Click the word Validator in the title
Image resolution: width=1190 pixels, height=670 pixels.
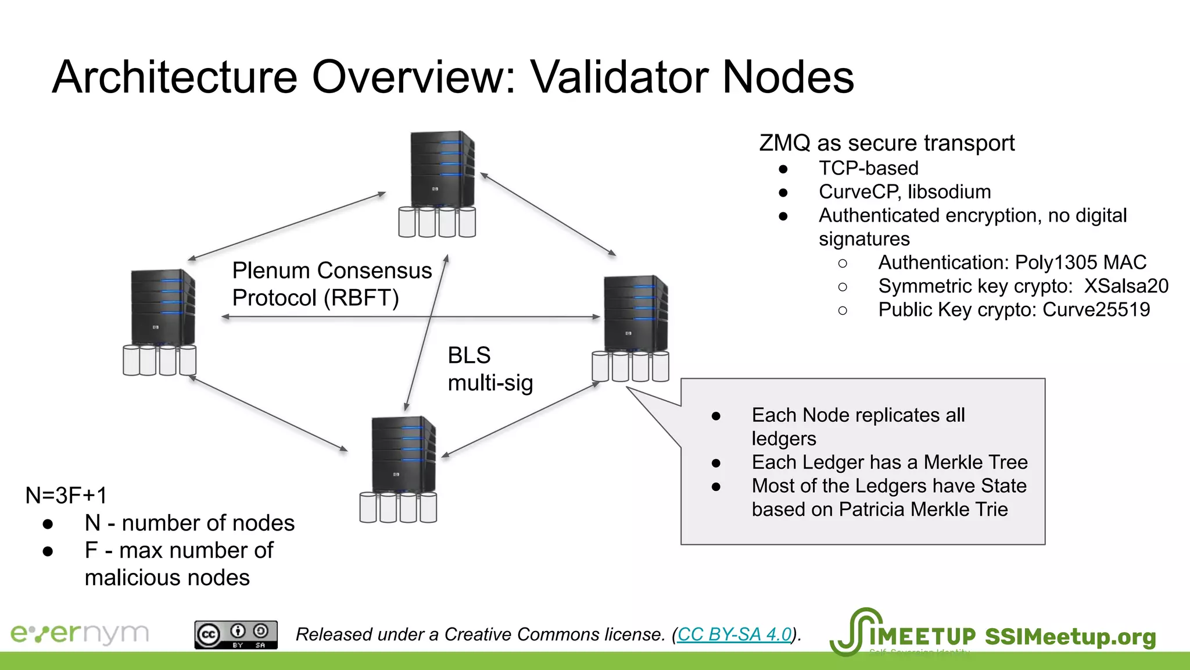pyautogui.click(x=618, y=77)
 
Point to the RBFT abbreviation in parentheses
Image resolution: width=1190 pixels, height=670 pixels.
pyautogui.click(x=361, y=298)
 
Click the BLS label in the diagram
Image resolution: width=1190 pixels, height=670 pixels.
pyautogui.click(x=469, y=355)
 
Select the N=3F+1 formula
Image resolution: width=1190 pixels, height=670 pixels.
pyautogui.click(x=66, y=496)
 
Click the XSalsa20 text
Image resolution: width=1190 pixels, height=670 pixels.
pyautogui.click(x=1126, y=286)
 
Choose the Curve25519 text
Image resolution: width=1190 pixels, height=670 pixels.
pyautogui.click(x=1096, y=309)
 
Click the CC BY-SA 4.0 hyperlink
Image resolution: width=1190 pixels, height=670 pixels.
pyautogui.click(x=734, y=634)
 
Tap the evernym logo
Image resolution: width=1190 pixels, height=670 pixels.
pyautogui.click(x=80, y=633)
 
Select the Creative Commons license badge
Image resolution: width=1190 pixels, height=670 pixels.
pyautogui.click(x=236, y=635)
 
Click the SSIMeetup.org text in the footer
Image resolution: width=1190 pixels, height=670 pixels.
pyautogui.click(x=1070, y=637)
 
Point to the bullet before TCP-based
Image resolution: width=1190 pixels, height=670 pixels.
pyautogui.click(x=783, y=169)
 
